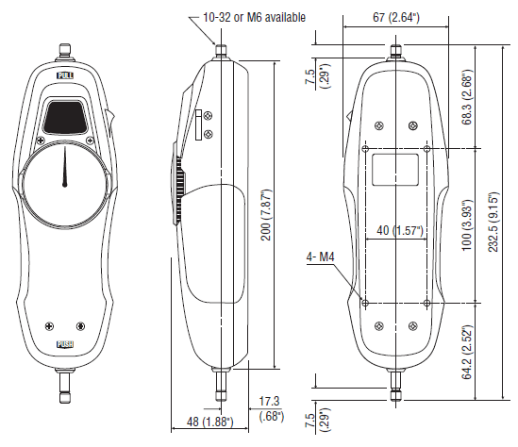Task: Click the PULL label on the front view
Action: [65, 75]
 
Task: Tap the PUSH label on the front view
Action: [65, 344]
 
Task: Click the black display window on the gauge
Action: [65, 117]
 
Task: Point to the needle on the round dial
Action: [65, 167]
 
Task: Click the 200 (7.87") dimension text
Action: [266, 215]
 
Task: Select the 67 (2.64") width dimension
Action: [396, 17]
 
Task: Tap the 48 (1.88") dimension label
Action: [210, 422]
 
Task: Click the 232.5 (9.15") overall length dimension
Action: [493, 222]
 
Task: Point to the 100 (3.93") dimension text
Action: [467, 225]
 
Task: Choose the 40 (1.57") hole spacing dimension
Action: [400, 230]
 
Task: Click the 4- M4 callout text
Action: [321, 257]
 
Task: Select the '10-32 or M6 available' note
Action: [254, 17]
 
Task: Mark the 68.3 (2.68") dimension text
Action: [467, 97]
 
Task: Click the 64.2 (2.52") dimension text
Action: [467, 352]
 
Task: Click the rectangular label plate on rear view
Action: [395, 170]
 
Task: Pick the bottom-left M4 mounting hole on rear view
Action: [365, 303]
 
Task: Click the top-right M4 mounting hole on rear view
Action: [426, 149]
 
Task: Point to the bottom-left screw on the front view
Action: [49, 326]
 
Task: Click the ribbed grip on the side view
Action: [179, 190]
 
